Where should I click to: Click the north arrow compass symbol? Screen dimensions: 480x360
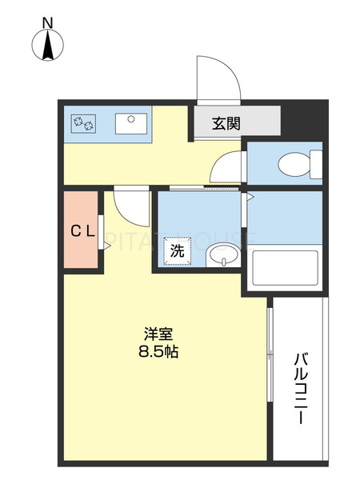tap(48, 47)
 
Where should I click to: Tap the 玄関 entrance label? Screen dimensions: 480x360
tap(226, 124)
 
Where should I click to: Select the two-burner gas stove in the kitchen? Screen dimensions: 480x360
tap(84, 123)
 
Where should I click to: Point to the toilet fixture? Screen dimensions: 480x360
tap(300, 166)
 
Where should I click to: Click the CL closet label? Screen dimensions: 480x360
tap(82, 232)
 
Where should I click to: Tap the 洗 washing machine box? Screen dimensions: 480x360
tap(177, 250)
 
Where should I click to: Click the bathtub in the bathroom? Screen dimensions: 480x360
tap(286, 268)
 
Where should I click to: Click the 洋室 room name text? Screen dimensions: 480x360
tap(158, 334)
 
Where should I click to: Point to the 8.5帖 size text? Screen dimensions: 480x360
tap(158, 352)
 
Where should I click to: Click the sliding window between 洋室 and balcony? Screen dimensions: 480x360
tap(270, 352)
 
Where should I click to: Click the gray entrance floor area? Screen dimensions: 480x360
tap(236, 124)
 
